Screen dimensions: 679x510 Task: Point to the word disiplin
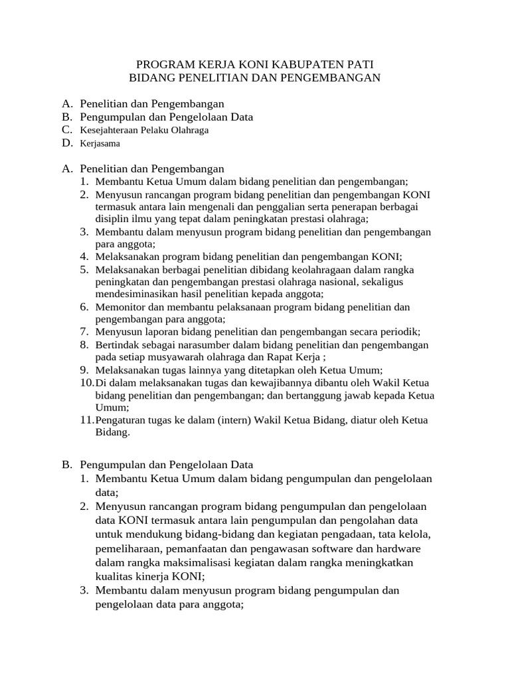point(115,218)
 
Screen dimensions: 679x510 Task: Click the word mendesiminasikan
point(137,294)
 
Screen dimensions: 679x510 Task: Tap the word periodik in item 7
point(399,332)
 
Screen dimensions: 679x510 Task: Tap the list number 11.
point(86,420)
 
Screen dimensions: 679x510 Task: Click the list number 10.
point(86,383)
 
